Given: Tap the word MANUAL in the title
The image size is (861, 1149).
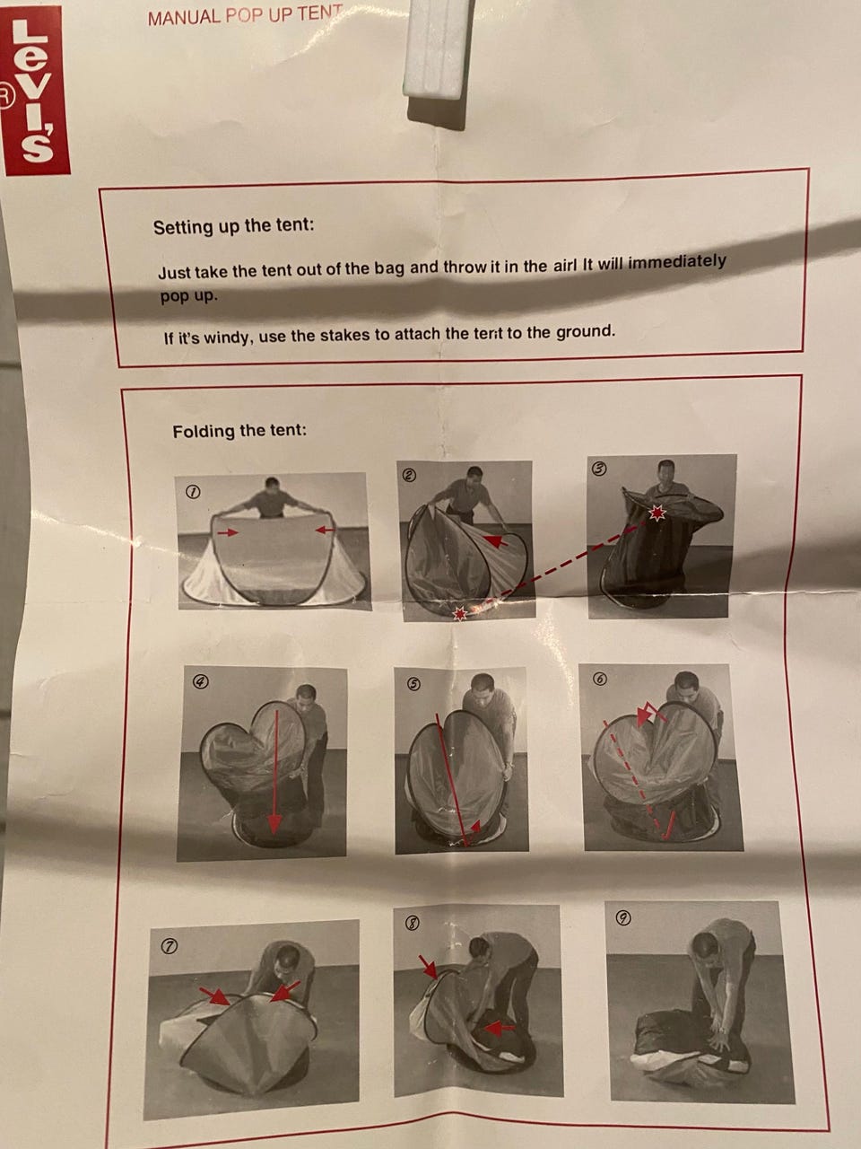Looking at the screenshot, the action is [x=185, y=17].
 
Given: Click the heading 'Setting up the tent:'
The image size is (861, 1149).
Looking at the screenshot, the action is [x=234, y=227].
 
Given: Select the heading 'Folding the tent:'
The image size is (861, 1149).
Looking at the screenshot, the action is [x=239, y=432].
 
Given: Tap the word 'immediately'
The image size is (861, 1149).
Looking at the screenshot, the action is [x=676, y=262].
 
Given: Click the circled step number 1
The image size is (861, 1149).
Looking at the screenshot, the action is [x=194, y=492].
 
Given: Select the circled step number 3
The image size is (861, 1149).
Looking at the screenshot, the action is [x=598, y=469].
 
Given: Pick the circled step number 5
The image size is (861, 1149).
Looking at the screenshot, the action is [x=414, y=684].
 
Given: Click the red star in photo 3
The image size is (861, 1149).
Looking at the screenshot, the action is [x=657, y=513].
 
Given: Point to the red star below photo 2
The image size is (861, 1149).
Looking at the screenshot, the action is [x=460, y=613].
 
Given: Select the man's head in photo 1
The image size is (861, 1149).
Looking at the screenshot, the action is [x=272, y=486].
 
